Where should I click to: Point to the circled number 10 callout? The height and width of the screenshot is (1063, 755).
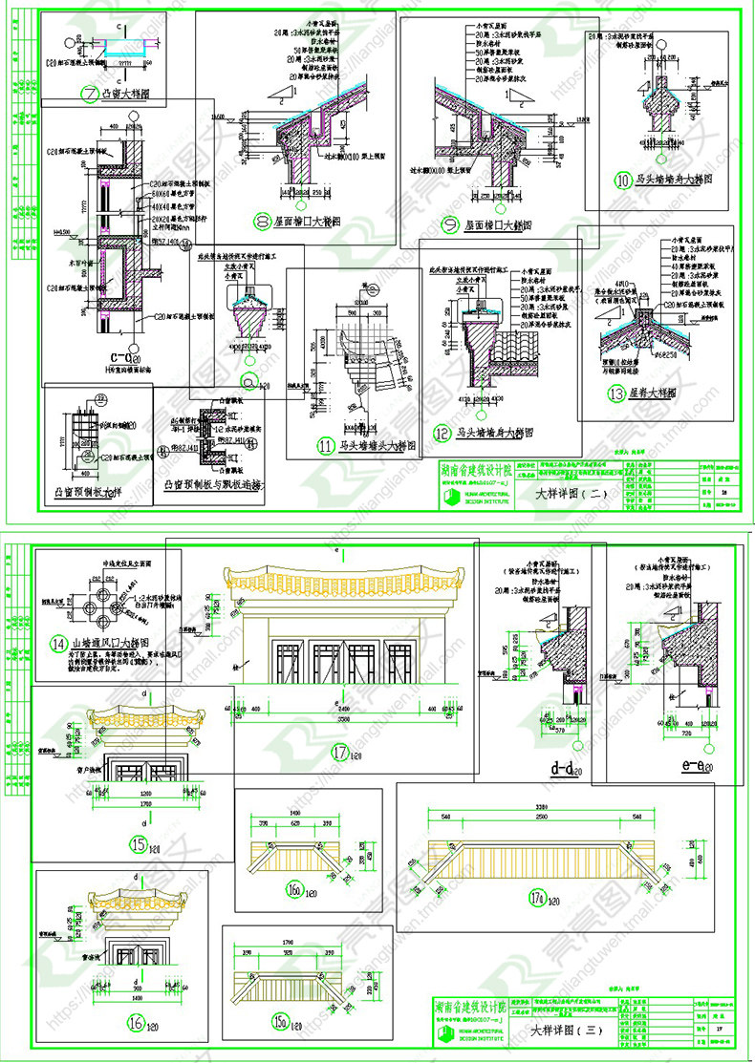tap(623, 179)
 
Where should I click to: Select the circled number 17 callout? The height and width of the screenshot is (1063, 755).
tap(339, 752)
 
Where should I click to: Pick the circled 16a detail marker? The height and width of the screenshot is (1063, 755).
tap(293, 892)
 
